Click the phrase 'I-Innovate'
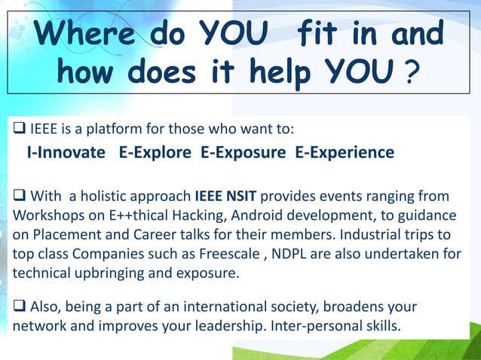tap(66, 153)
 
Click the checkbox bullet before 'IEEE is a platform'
tap(17, 124)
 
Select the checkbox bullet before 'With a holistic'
tap(17, 197)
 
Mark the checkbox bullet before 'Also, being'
tap(17, 309)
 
